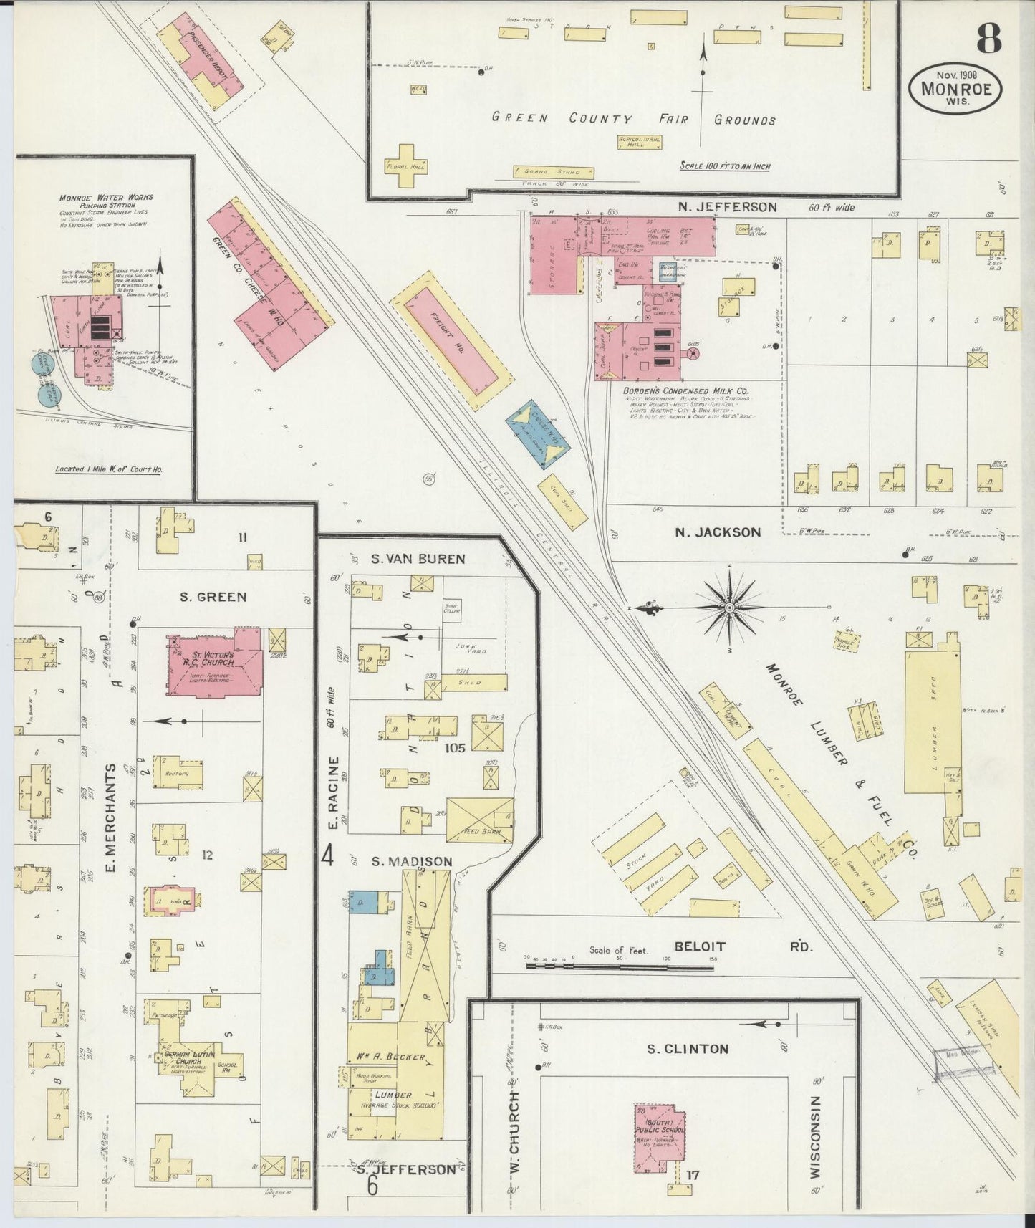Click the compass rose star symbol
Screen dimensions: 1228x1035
point(728,608)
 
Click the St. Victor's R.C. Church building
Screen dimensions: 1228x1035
point(214,665)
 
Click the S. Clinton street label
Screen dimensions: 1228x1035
point(687,1049)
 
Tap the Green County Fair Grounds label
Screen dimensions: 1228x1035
point(634,119)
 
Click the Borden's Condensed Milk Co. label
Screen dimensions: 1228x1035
point(686,391)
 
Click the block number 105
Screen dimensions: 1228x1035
point(455,747)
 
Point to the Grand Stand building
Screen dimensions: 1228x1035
point(554,172)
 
